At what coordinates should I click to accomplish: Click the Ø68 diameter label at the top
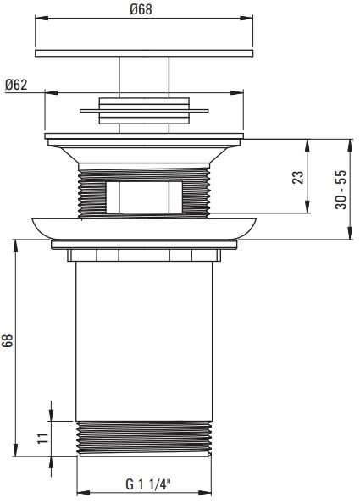tap(141, 9)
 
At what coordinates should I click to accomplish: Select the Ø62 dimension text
tap(16, 85)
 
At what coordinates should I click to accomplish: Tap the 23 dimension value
tap(297, 177)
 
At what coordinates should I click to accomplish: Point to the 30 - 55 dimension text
tap(341, 190)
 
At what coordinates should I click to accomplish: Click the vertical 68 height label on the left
tap(8, 340)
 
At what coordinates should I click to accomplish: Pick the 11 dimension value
tap(42, 439)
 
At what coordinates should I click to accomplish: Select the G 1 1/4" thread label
tap(148, 484)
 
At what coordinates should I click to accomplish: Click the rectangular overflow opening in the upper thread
tap(144, 197)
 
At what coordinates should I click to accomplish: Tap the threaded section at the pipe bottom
tap(144, 438)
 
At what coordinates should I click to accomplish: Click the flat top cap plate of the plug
tap(144, 53)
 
